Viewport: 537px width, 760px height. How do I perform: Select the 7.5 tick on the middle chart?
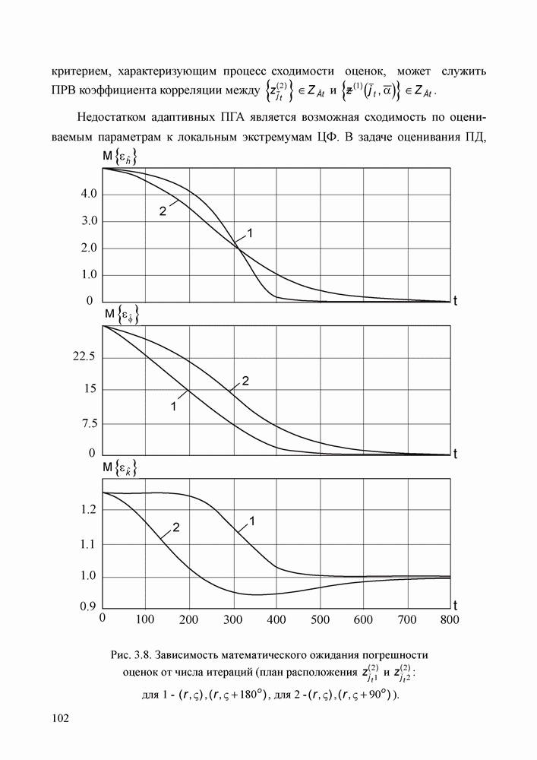coord(86,423)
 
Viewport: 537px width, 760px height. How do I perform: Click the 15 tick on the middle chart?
coord(88,390)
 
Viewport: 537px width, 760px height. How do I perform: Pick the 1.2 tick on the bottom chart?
coord(86,510)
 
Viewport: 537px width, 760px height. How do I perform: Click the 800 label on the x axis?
coord(449,619)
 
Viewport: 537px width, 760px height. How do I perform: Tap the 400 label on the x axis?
coord(276,619)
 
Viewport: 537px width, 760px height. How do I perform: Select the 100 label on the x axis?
coord(145,619)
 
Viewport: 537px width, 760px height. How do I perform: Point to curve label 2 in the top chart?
coord(163,211)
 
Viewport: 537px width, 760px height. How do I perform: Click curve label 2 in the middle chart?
coord(245,380)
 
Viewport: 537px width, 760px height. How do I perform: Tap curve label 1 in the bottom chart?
coord(251,521)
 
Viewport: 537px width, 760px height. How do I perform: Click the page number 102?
coord(61,718)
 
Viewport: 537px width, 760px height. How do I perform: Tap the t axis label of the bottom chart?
coord(455,605)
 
